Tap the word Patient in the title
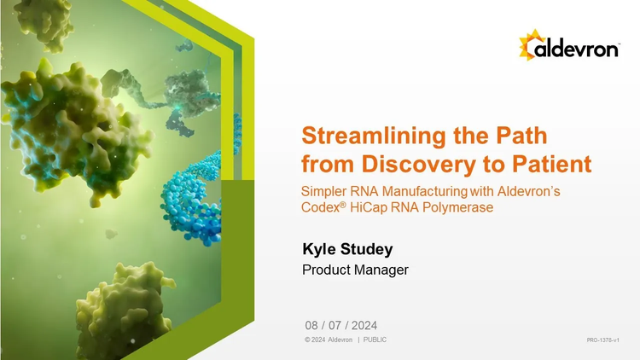(x=551, y=164)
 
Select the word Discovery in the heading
(x=418, y=164)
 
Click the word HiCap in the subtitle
(x=368, y=207)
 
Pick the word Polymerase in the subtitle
(x=457, y=207)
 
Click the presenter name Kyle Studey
(x=347, y=249)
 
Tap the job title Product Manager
(x=355, y=270)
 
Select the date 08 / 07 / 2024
(x=340, y=325)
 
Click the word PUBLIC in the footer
(x=375, y=340)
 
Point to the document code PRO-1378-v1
(x=602, y=340)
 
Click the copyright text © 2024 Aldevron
(x=329, y=340)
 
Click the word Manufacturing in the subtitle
(x=424, y=191)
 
